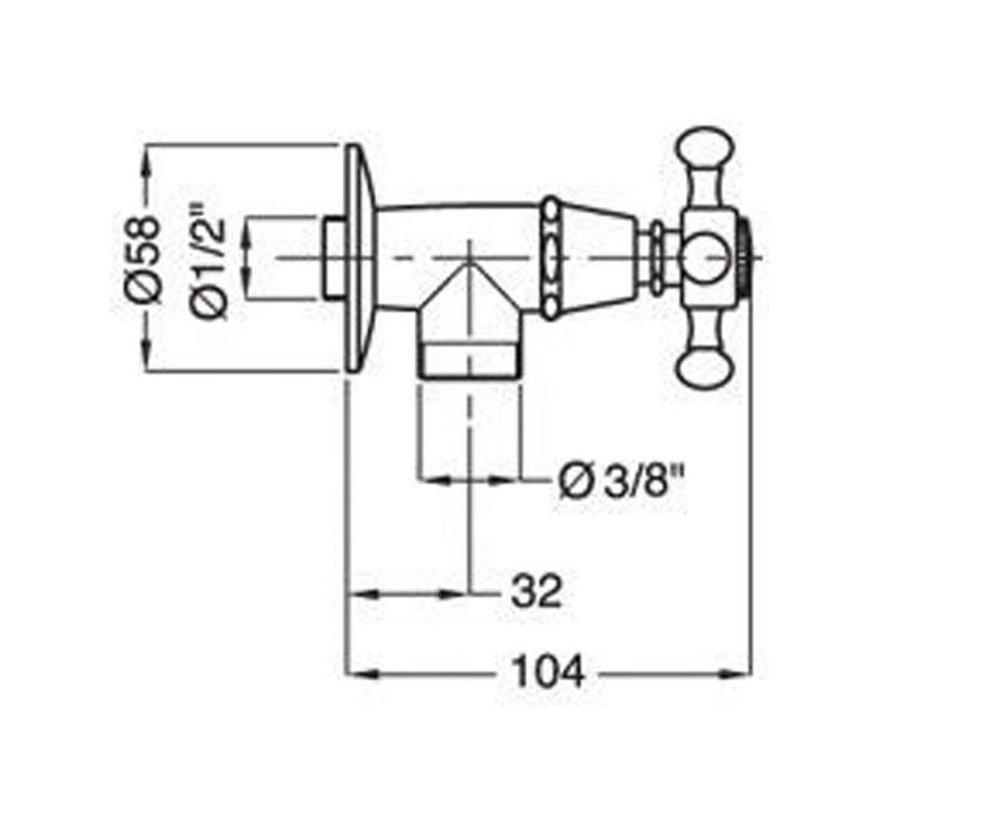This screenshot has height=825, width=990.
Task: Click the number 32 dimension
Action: tap(536, 592)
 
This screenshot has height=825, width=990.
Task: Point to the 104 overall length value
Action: tap(549, 672)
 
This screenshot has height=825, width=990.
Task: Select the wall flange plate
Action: tap(359, 258)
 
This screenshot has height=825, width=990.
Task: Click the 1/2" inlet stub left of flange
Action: tap(335, 258)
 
